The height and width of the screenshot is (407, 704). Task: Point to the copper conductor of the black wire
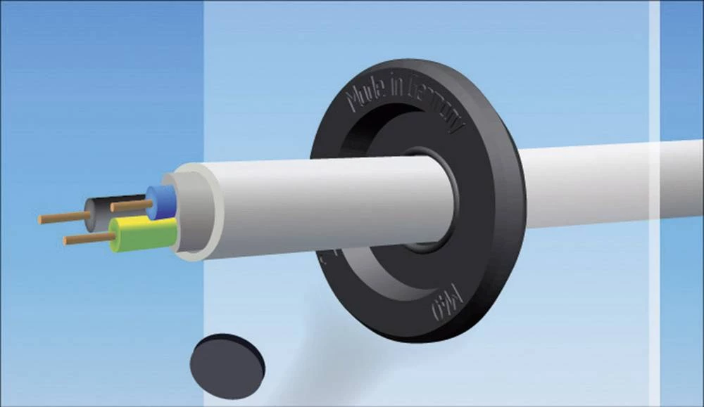click(x=60, y=218)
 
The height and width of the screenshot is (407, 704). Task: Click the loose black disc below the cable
click(x=227, y=365)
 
